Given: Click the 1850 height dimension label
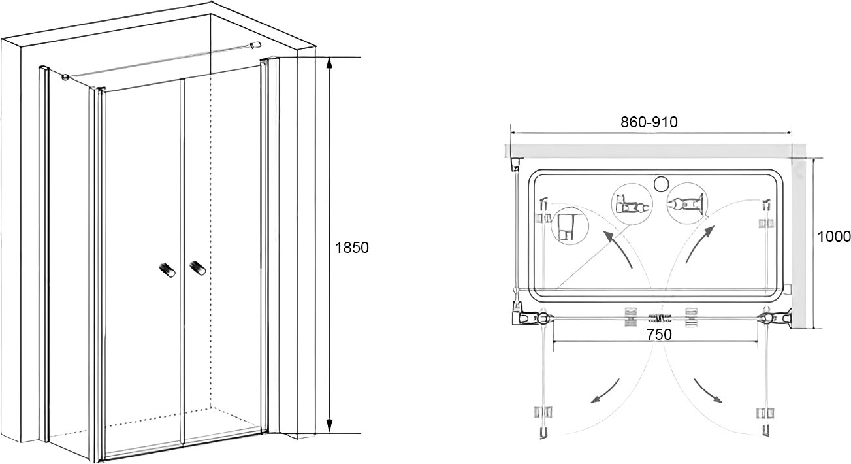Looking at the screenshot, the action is [x=352, y=248].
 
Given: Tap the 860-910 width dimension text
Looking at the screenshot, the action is [x=649, y=122].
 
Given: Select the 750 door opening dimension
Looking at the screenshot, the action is [x=659, y=335].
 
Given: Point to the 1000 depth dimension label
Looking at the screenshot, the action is [x=834, y=237].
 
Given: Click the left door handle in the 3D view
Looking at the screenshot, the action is [x=168, y=269].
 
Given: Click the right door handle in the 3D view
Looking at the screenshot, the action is [x=197, y=268].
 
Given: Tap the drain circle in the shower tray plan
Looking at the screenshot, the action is [x=662, y=184].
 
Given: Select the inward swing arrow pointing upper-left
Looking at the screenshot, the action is [x=617, y=248].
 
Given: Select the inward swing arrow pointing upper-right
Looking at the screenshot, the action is [x=700, y=244].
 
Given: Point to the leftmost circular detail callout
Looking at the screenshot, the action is [x=570, y=225].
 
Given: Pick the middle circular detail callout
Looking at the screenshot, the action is [x=632, y=204].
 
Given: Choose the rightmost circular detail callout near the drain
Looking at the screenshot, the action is [x=687, y=203].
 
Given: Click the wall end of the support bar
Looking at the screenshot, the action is [x=257, y=45].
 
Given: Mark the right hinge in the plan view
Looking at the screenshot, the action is [x=767, y=318].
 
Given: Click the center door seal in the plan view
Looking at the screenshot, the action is [x=660, y=318].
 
